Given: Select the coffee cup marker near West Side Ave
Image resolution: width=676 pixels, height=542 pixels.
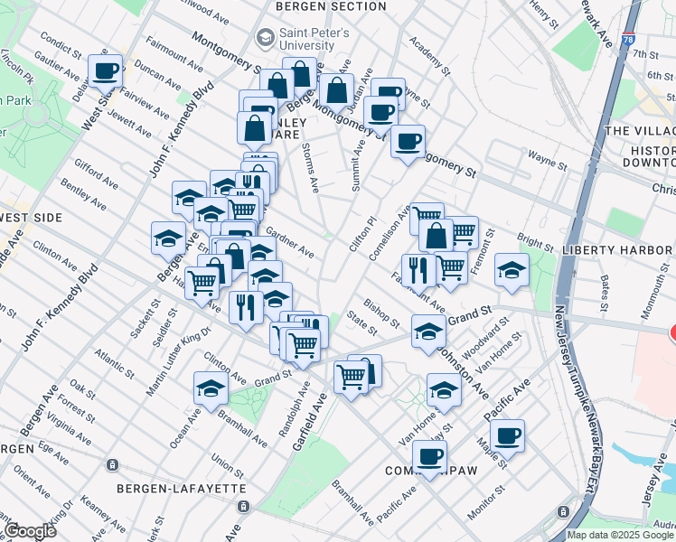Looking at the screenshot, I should [105, 70].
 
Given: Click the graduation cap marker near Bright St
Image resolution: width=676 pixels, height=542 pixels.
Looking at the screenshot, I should [512, 271].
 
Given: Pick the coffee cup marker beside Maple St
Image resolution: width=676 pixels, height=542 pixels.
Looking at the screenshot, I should [507, 436].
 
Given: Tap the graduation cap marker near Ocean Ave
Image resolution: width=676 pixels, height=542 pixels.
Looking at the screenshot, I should [210, 388].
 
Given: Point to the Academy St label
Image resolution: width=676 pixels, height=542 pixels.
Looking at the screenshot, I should [428, 55].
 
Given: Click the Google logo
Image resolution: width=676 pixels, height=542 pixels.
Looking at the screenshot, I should [29, 530].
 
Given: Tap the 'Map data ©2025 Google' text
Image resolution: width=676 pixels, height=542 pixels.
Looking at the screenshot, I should [620, 535].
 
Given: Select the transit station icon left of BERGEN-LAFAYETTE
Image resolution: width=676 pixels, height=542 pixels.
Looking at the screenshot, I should [112, 465].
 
